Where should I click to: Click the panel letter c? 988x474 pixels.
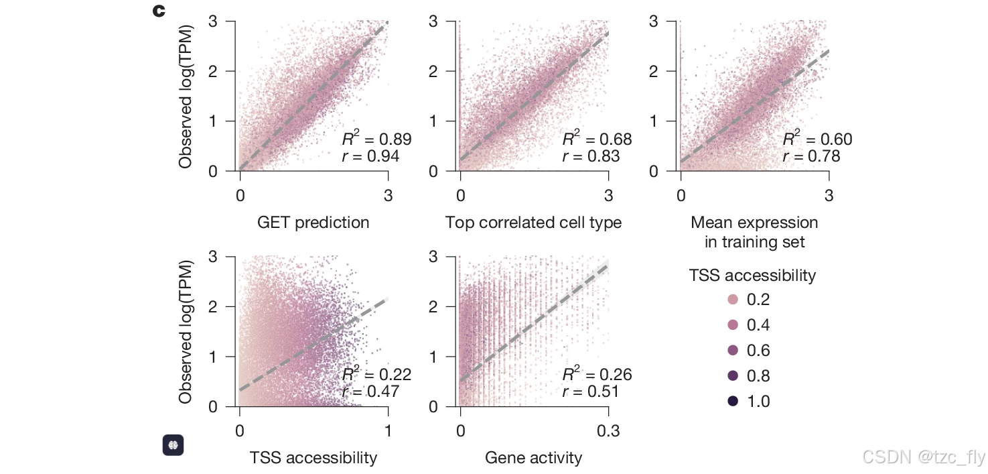click(159, 11)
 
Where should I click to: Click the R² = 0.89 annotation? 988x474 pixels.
click(377, 139)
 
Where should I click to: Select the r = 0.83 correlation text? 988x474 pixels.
click(591, 157)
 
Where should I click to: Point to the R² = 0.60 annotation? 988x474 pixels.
click(818, 139)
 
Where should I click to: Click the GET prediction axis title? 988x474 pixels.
click(313, 223)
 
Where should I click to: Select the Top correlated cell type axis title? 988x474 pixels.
click(533, 223)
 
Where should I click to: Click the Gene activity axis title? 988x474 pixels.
click(533, 459)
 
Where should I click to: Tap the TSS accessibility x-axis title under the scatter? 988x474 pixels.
click(313, 459)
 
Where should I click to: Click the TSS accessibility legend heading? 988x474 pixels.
click(752, 276)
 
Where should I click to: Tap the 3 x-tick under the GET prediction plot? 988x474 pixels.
click(388, 195)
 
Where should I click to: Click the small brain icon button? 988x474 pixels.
click(173, 445)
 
